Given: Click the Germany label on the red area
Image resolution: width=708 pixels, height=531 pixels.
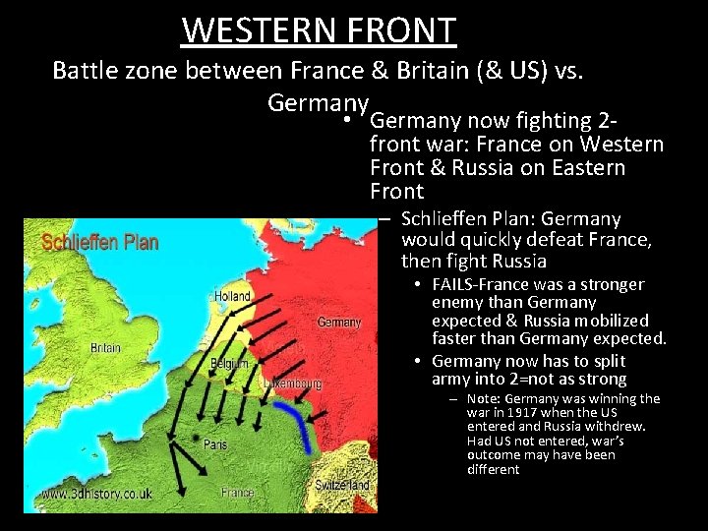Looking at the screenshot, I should (x=339, y=323).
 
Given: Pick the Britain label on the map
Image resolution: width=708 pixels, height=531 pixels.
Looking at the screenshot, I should (x=106, y=348).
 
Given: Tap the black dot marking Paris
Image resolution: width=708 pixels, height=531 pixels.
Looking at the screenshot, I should (x=197, y=438).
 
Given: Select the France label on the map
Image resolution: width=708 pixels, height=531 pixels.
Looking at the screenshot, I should (x=237, y=492).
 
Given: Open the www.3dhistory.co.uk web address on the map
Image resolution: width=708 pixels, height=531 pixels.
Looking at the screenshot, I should (x=96, y=494).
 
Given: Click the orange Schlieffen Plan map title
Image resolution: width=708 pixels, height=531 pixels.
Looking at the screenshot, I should (x=99, y=243).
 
